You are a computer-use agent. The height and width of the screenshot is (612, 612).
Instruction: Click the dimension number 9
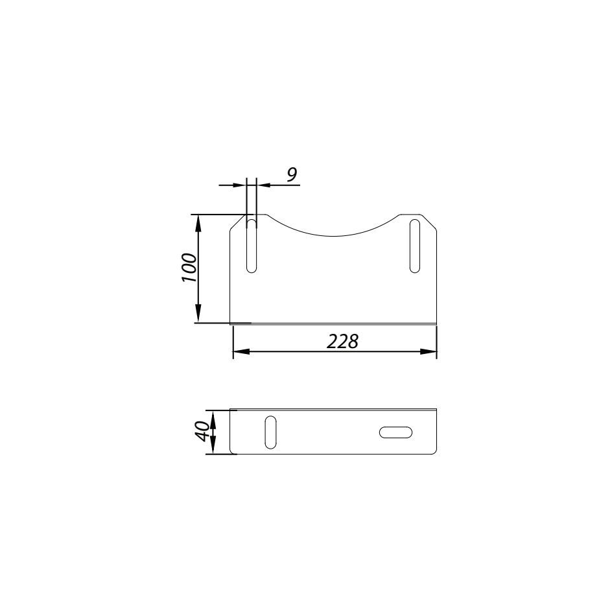(x=292, y=174)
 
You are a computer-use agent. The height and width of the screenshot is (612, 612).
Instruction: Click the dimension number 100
(x=189, y=268)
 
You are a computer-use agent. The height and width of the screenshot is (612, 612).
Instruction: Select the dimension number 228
(x=342, y=342)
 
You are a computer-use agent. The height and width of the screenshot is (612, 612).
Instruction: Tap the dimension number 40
(x=202, y=431)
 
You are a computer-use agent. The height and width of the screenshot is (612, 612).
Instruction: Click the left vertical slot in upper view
(x=252, y=246)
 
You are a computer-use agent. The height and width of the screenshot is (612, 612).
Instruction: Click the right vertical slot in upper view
(x=415, y=246)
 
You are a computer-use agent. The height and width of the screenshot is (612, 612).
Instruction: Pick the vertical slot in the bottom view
(x=270, y=432)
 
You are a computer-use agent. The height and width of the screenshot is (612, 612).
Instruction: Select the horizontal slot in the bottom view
(x=395, y=432)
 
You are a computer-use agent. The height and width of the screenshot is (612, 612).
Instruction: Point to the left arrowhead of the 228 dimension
(x=241, y=351)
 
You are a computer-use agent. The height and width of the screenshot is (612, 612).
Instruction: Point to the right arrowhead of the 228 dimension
(x=428, y=351)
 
